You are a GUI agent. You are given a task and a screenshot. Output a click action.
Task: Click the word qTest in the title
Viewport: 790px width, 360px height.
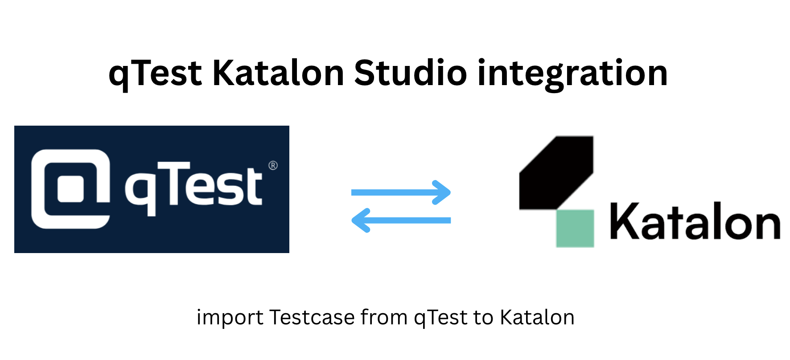click(x=155, y=74)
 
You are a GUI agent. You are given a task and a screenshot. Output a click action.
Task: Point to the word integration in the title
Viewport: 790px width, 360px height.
click(x=572, y=74)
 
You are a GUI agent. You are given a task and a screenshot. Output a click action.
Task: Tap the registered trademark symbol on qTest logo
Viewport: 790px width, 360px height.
click(x=273, y=166)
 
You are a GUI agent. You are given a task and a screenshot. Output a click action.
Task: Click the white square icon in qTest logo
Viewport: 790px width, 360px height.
click(x=71, y=188)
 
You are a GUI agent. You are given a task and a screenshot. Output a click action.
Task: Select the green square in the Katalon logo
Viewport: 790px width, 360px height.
click(x=575, y=228)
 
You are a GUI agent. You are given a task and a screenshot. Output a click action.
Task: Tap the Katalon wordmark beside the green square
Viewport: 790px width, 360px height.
click(x=695, y=222)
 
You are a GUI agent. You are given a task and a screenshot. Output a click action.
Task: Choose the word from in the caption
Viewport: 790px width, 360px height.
click(x=384, y=317)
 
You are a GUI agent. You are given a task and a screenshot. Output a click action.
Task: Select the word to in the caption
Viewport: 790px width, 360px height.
click(x=483, y=318)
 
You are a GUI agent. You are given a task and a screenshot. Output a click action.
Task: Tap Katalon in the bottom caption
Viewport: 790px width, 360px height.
click(x=537, y=317)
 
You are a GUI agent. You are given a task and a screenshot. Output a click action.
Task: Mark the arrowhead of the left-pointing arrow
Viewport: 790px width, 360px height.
click(x=360, y=220)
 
